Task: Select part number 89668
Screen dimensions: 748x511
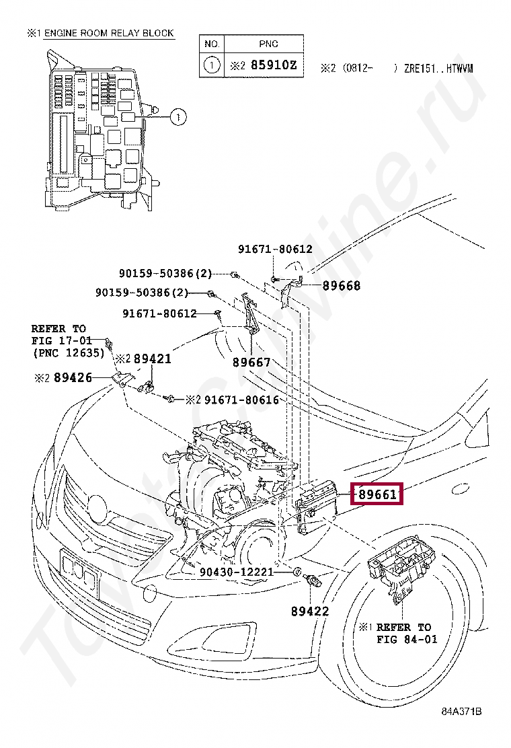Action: tap(341, 286)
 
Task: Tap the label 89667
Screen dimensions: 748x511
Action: tap(251, 363)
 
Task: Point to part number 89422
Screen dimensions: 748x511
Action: tap(310, 611)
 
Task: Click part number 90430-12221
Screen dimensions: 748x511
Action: tap(237, 572)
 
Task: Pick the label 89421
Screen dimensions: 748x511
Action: tap(152, 359)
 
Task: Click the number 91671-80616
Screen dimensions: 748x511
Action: tap(241, 400)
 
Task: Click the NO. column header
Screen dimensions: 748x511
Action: tap(212, 44)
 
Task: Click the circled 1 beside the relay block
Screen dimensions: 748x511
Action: tap(177, 118)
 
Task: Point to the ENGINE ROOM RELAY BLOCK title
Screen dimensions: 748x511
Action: tap(108, 33)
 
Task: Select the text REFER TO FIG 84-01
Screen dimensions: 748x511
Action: tap(403, 633)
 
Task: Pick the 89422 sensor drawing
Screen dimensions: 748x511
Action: tap(313, 580)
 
